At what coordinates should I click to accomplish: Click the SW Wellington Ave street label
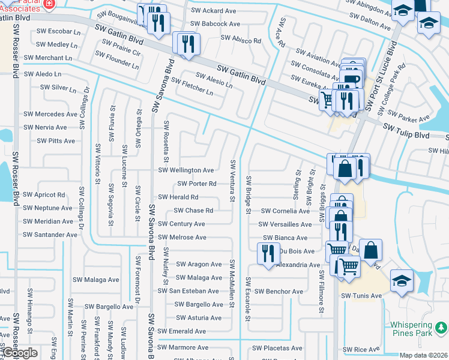(185, 170)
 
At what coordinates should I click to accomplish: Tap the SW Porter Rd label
(196, 184)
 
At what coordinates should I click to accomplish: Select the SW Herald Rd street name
(178, 197)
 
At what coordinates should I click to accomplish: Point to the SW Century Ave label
(181, 224)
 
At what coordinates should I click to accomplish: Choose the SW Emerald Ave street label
(182, 331)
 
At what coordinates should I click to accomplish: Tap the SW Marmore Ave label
(183, 347)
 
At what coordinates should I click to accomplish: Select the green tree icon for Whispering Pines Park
(441, 327)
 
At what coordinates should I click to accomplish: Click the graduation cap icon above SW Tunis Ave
(401, 280)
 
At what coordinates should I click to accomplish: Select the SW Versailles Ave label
(285, 224)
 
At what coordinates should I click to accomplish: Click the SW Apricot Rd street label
(44, 195)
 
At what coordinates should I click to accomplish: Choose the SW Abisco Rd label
(241, 40)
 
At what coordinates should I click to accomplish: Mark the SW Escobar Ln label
(58, 31)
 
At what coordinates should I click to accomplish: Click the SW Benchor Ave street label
(279, 292)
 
